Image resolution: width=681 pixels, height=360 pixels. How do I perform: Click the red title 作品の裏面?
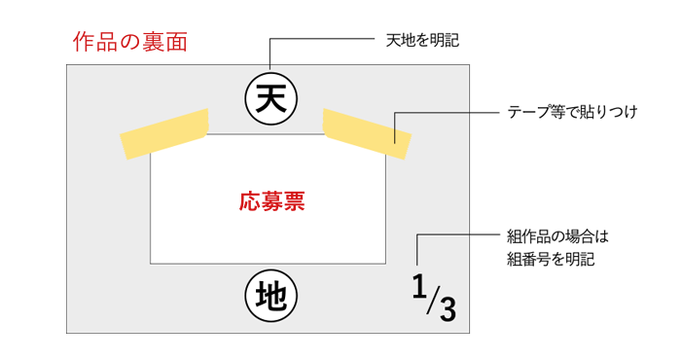pyautogui.click(x=129, y=43)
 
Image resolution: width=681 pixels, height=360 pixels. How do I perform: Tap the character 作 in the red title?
pyautogui.click(x=84, y=43)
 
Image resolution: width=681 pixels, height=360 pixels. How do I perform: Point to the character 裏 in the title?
pyautogui.click(x=154, y=43)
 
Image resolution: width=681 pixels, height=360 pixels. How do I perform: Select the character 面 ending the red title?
pyautogui.click(x=176, y=43)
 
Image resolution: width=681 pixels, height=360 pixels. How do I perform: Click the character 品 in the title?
pyautogui.click(x=106, y=43)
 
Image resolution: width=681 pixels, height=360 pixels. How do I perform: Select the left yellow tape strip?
pyautogui.click(x=164, y=133)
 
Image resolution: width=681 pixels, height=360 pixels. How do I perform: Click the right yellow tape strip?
pyautogui.click(x=368, y=133)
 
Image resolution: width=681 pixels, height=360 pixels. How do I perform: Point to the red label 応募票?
pyautogui.click(x=271, y=201)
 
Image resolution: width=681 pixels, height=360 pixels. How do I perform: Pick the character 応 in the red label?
pyautogui.click(x=249, y=201)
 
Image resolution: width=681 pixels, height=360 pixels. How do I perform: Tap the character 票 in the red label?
pyautogui.click(x=294, y=201)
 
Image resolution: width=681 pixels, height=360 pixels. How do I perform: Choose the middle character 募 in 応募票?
pyautogui.click(x=271, y=201)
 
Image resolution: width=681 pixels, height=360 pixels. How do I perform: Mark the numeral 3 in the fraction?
pyautogui.click(x=447, y=309)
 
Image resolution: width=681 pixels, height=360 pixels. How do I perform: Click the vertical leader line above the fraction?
pyautogui.click(x=417, y=250)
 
